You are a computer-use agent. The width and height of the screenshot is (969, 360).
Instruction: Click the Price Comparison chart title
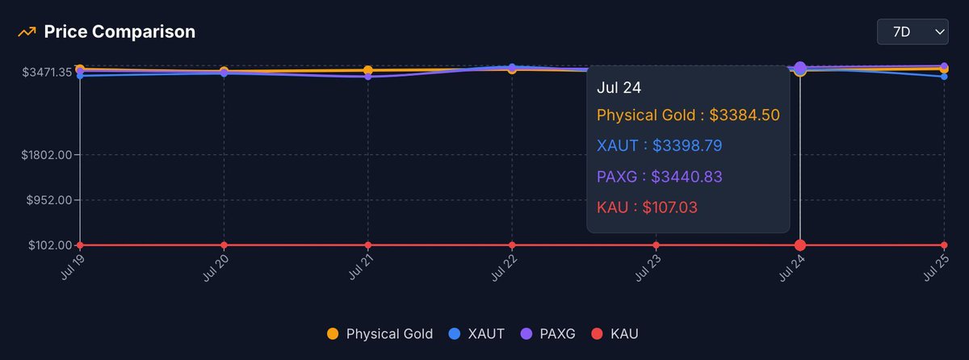coord(120,32)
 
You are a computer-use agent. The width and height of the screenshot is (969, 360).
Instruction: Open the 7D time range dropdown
coord(912,32)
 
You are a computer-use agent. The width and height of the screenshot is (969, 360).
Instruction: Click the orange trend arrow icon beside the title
coord(27,32)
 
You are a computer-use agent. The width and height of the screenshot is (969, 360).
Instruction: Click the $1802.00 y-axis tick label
coord(47,154)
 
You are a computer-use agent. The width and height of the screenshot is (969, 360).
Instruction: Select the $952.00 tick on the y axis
coord(49,199)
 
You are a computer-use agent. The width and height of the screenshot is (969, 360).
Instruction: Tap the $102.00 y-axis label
coord(49,245)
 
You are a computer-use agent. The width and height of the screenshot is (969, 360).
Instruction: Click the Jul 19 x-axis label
coord(73,267)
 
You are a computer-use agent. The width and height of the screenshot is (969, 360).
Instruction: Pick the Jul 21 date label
coord(360,267)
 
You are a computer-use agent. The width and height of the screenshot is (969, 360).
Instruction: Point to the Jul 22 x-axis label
coord(504,267)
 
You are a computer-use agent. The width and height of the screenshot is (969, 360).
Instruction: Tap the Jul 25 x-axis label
coord(936,267)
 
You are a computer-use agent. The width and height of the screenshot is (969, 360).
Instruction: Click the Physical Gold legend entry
coord(380,333)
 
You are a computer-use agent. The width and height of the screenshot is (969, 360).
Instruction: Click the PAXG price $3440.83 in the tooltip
coord(686,176)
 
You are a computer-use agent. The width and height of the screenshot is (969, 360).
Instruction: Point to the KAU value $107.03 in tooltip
coord(670,207)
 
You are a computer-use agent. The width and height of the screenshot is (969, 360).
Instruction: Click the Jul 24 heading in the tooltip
coord(619,87)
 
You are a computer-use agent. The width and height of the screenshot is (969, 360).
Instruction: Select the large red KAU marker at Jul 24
coord(800,245)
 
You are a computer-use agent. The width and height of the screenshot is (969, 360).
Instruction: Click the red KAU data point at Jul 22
coord(512,245)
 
